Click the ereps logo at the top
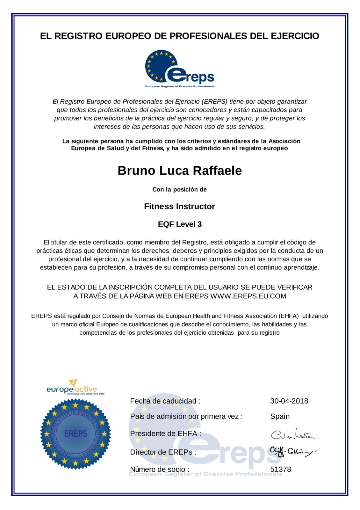[x=179, y=69]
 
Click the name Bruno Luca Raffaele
[x=180, y=171]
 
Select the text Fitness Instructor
[x=179, y=206]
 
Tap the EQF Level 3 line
[x=180, y=224]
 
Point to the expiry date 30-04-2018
[x=289, y=401]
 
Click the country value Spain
[x=280, y=416]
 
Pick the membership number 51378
[x=280, y=469]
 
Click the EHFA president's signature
[x=292, y=434]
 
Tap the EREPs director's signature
[x=292, y=452]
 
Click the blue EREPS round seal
[x=76, y=434]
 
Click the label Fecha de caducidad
[x=165, y=401]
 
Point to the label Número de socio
[x=159, y=469]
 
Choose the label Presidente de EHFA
[x=165, y=433]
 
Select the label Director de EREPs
[x=163, y=452]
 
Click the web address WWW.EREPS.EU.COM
[x=248, y=296]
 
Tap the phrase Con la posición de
[x=179, y=189]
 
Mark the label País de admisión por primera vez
[x=186, y=416]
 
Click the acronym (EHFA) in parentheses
[x=289, y=316]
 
